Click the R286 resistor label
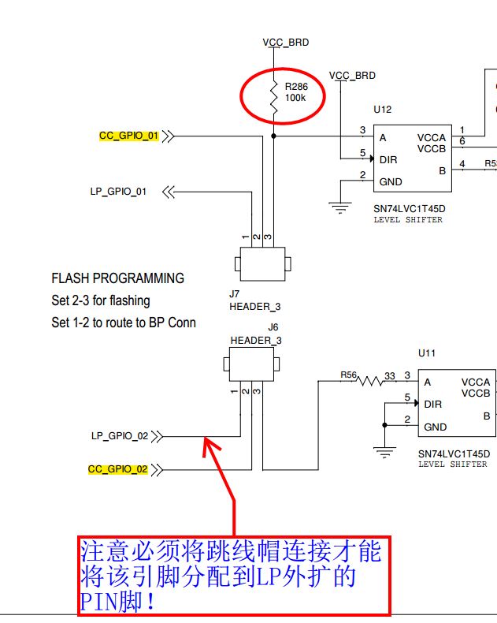(x=296, y=87)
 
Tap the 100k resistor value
(x=295, y=98)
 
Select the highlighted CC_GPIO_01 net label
(x=128, y=136)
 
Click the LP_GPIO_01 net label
(x=118, y=192)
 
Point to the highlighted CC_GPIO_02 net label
(x=117, y=469)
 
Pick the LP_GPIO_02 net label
(x=120, y=436)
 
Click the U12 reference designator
(x=382, y=110)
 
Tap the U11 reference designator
(x=427, y=353)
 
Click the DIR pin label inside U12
(x=388, y=160)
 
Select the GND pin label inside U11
(x=435, y=427)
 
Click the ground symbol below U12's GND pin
(x=340, y=208)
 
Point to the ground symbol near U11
(x=384, y=452)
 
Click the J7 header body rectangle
(x=263, y=264)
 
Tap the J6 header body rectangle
(x=251, y=364)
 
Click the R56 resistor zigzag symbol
(x=369, y=382)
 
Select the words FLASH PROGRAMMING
(x=118, y=278)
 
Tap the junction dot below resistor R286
(x=273, y=136)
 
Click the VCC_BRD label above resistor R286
(x=286, y=42)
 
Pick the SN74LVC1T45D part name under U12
(x=410, y=209)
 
